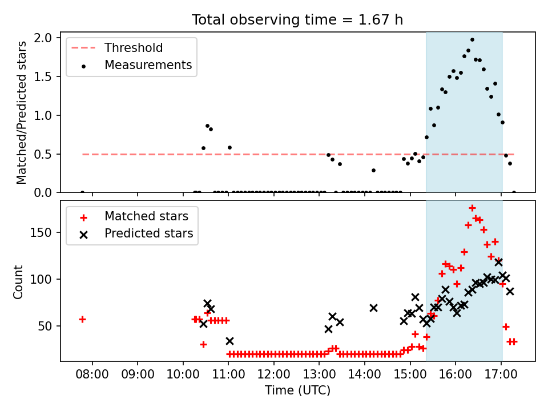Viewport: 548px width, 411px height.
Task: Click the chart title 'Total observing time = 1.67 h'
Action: (x=297, y=20)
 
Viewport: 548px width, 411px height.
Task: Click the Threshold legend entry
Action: (x=117, y=47)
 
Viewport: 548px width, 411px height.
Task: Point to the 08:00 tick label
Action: (x=92, y=374)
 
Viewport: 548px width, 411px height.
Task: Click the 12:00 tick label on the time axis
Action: (x=273, y=374)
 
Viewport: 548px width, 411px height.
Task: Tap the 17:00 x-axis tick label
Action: (x=501, y=374)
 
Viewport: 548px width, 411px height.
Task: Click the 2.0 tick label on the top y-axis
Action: (x=42, y=38)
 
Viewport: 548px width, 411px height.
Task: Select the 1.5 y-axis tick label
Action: (x=42, y=76)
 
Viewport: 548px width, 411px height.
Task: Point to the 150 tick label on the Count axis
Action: (x=41, y=232)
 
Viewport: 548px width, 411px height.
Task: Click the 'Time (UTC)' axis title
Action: (x=297, y=390)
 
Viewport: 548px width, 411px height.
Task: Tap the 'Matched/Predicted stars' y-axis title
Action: (x=21, y=112)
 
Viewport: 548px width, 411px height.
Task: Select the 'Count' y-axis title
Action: (x=18, y=282)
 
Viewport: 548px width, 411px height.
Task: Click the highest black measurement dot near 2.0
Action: (x=472, y=40)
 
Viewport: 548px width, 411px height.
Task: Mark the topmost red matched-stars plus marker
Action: (x=472, y=208)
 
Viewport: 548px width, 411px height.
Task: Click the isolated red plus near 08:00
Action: (x=82, y=319)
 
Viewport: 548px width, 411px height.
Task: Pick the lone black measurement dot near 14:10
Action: (x=373, y=171)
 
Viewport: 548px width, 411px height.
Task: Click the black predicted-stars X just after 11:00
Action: (x=229, y=341)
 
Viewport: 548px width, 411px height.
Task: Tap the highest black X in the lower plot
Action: (x=498, y=262)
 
